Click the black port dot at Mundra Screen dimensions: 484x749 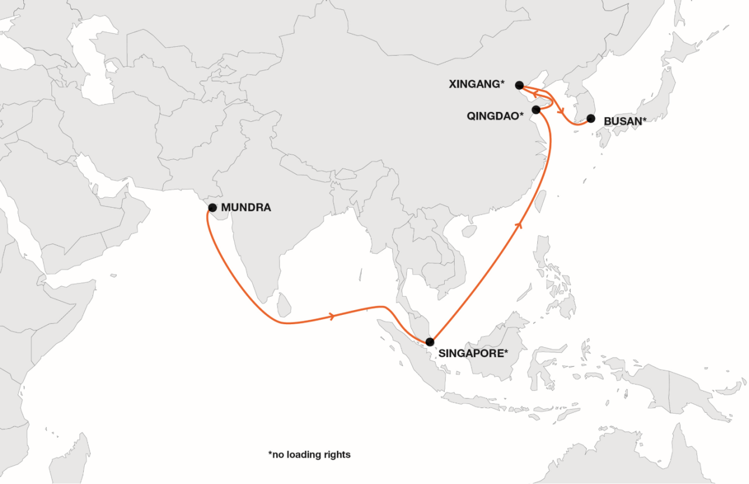(212, 208)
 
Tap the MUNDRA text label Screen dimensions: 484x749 (246, 208)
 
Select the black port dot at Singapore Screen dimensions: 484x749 (430, 342)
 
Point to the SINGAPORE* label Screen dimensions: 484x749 (472, 353)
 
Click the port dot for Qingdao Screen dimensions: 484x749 (536, 109)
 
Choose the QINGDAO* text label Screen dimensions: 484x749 (495, 116)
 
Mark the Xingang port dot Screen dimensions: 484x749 (519, 85)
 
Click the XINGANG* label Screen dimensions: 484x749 (476, 84)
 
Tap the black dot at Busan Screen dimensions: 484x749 (590, 118)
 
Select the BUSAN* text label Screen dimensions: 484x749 (625, 122)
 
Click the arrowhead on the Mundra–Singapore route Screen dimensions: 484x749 (333, 316)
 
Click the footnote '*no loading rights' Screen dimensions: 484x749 (310, 454)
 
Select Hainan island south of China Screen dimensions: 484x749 (469, 231)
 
